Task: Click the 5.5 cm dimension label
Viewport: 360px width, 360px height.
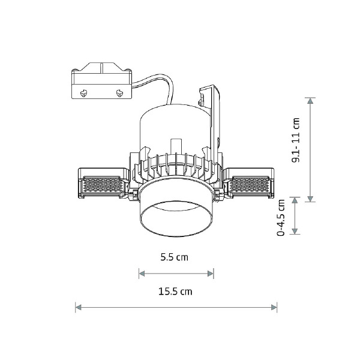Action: (x=174, y=257)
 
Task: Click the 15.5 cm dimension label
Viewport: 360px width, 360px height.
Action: (x=175, y=292)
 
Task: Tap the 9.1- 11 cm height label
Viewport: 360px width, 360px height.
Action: (x=296, y=140)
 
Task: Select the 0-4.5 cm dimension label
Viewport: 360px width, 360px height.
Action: (x=281, y=218)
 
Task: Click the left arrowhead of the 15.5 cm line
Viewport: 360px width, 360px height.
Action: (x=78, y=307)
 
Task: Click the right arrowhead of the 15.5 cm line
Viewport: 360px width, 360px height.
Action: (x=274, y=307)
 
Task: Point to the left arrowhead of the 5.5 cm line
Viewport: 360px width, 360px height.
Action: (x=142, y=274)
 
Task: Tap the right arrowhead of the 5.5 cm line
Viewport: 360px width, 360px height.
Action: (x=211, y=274)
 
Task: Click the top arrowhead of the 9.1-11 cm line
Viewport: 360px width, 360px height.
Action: (x=310, y=101)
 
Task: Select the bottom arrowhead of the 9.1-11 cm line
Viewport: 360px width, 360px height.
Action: (x=310, y=199)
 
